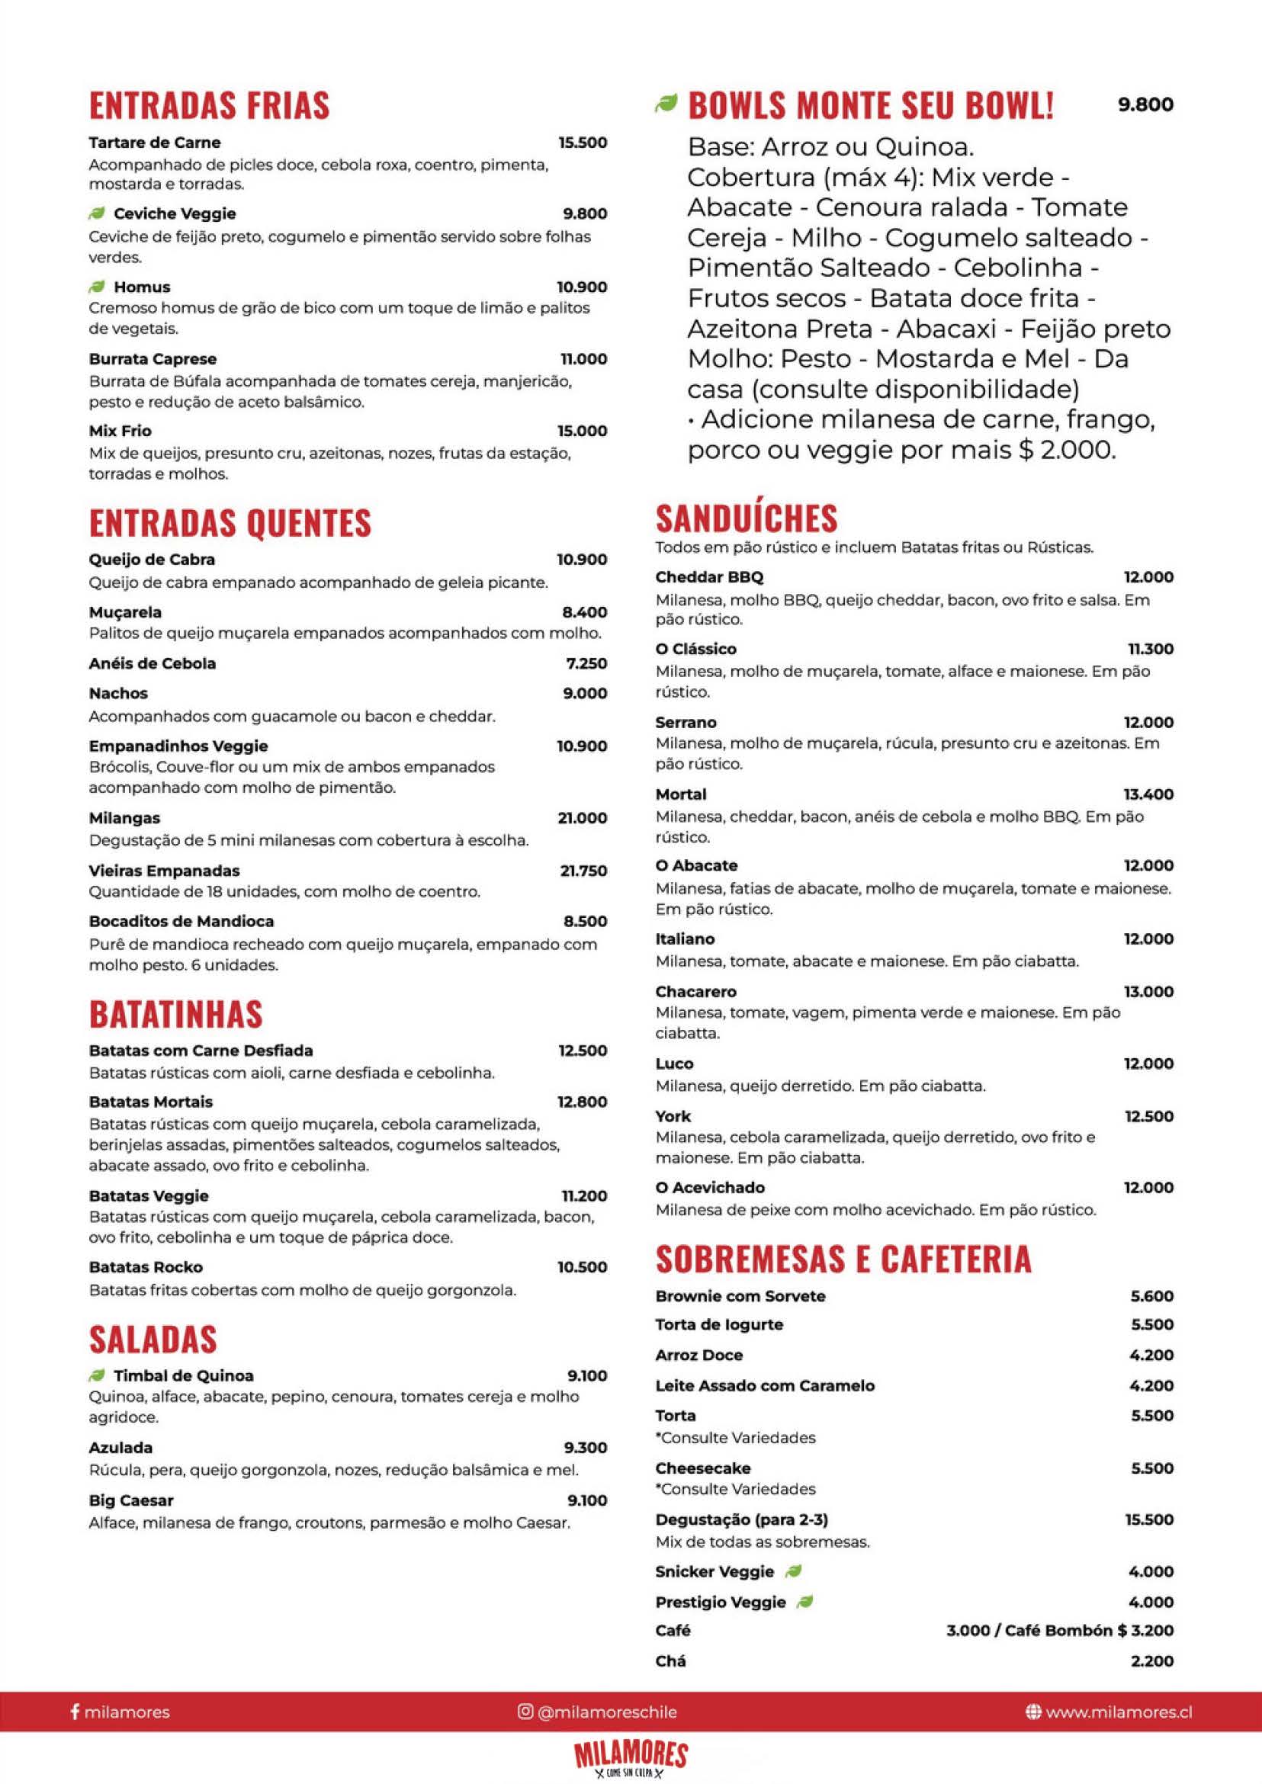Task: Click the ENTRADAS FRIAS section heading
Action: (209, 106)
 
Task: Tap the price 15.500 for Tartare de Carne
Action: (582, 143)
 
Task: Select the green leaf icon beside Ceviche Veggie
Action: (97, 213)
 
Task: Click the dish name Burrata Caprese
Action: (153, 359)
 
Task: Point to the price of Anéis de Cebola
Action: (586, 663)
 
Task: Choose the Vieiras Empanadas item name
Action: (164, 870)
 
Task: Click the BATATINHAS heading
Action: (175, 1013)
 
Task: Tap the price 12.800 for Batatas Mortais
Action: (581, 1102)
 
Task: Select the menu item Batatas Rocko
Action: (146, 1266)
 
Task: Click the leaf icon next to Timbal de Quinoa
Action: (97, 1375)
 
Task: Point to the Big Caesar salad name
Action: (130, 1500)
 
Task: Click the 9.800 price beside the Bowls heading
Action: (1145, 104)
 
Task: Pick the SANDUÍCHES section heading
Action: (747, 518)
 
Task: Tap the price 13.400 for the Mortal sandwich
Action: (1148, 794)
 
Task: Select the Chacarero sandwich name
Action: (695, 991)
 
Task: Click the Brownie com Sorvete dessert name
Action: (740, 1296)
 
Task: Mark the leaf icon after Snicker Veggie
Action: (792, 1571)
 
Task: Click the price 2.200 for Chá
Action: (1151, 1660)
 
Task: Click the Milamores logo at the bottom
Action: (631, 1758)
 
